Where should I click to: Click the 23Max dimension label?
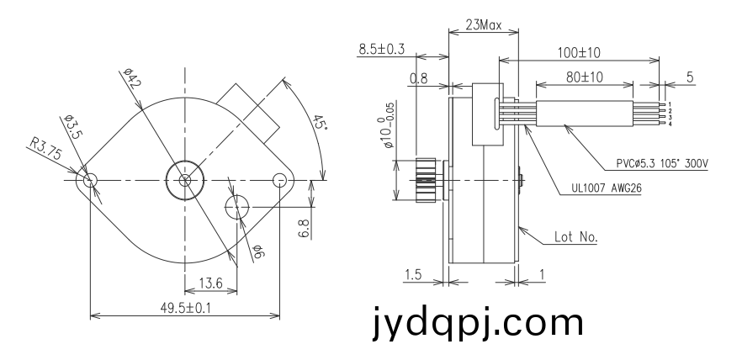point(483,24)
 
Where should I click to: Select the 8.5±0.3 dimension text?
point(381,49)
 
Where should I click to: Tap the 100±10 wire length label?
point(578,52)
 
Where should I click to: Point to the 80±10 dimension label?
point(585,77)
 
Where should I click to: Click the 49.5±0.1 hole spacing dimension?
point(185,308)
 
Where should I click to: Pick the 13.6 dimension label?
point(210,283)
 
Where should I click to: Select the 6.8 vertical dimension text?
point(305,229)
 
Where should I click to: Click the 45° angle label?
point(320,122)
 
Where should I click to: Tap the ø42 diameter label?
point(132,78)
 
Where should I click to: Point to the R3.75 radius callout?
point(46,149)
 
